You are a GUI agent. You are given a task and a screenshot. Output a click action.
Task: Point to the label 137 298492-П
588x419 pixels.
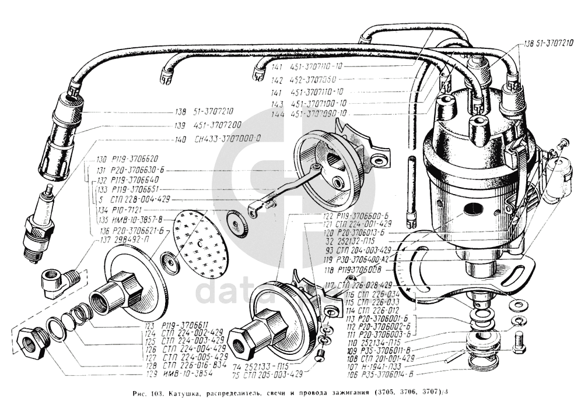124,240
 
